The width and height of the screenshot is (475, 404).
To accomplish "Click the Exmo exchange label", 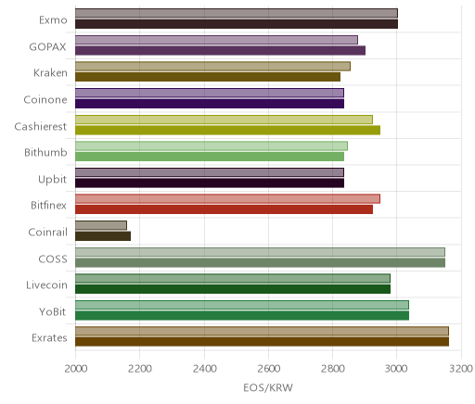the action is click(53, 20).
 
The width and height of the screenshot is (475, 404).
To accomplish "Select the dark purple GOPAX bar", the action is click(220, 50).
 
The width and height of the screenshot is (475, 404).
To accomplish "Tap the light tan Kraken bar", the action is click(212, 66).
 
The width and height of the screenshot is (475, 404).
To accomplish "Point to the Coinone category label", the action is click(45, 99).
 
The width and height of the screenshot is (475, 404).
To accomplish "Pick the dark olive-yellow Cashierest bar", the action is click(227, 130).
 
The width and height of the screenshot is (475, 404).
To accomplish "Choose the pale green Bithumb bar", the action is click(212, 145).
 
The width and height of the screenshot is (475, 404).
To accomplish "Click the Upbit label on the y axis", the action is click(52, 180).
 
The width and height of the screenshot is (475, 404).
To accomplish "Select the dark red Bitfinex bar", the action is click(224, 209).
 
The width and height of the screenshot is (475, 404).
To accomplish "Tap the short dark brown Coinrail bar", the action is click(103, 236).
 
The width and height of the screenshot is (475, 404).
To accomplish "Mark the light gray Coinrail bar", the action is click(101, 225).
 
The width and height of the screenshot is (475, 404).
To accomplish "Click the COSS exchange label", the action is click(53, 259).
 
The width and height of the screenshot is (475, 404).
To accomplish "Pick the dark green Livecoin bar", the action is click(233, 289).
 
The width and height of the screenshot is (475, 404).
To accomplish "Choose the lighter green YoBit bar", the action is click(242, 305).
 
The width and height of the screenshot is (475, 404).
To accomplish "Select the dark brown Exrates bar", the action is click(262, 342).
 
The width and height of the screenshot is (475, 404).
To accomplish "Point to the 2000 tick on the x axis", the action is click(76, 369).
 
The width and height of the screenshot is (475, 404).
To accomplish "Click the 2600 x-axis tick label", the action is click(268, 369).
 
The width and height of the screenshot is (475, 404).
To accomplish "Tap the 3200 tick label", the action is click(461, 369).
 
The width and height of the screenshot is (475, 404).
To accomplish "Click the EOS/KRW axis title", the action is click(268, 387).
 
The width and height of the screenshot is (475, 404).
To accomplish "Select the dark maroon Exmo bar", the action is click(237, 24).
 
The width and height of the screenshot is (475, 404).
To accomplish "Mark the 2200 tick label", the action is click(140, 369).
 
